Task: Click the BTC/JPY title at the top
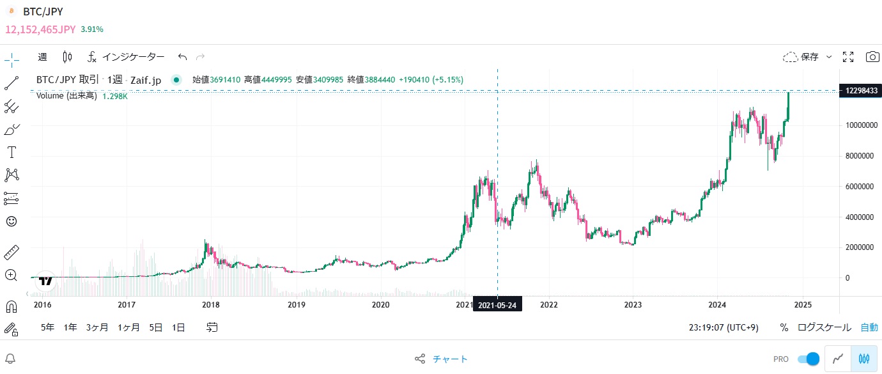click(43, 12)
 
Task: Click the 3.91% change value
click(92, 29)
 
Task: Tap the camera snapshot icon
click(872, 57)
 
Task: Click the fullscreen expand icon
click(849, 57)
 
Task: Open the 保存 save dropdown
click(808, 57)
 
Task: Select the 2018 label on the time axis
click(211, 305)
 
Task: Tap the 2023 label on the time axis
click(633, 305)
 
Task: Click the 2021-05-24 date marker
click(497, 305)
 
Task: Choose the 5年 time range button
click(47, 327)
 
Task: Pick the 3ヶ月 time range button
click(97, 327)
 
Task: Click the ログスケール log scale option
click(824, 327)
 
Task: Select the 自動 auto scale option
click(869, 327)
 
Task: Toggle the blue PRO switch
click(808, 359)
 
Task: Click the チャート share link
click(450, 359)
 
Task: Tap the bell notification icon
click(11, 359)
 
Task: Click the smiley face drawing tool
click(12, 221)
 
